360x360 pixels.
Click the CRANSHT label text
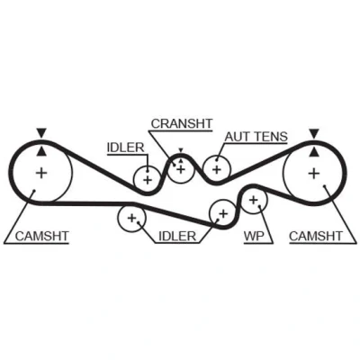pyautogui.click(x=182, y=123)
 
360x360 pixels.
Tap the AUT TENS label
pyautogui.click(x=256, y=137)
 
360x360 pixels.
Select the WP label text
pyautogui.click(x=254, y=236)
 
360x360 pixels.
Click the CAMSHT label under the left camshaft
pyautogui.click(x=42, y=236)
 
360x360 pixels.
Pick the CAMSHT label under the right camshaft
pyautogui.click(x=316, y=236)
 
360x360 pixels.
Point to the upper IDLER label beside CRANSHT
pyautogui.click(x=126, y=148)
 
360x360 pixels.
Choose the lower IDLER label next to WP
pyautogui.click(x=177, y=236)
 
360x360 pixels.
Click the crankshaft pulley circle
pyautogui.click(x=181, y=156)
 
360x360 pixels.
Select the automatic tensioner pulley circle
pyautogui.click(x=217, y=157)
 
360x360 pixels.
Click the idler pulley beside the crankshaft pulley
pyautogui.click(x=147, y=166)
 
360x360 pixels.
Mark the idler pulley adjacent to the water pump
pyautogui.click(x=222, y=200)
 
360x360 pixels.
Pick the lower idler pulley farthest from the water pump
pyautogui.click(x=131, y=204)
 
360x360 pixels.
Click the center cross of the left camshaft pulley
pyautogui.click(x=41, y=173)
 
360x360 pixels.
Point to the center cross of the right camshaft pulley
pyautogui.click(x=314, y=173)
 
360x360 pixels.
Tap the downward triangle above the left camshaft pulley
pyautogui.click(x=41, y=132)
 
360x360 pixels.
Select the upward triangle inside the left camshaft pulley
pyautogui.click(x=41, y=151)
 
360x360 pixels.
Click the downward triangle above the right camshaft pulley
pyautogui.click(x=314, y=132)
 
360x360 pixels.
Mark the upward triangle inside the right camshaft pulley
pyautogui.click(x=314, y=151)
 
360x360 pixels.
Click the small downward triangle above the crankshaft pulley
pyautogui.click(x=181, y=150)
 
